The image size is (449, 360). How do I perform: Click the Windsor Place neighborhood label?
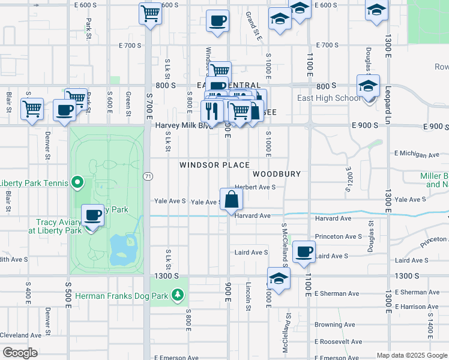pos(214,164)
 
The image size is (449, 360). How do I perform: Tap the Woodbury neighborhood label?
pos(276,173)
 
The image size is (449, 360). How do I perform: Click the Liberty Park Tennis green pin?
pos(77,182)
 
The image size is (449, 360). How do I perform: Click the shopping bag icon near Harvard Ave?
pos(232,199)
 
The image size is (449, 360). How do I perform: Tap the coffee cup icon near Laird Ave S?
pos(304,251)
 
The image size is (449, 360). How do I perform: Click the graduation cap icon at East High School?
pos(369,85)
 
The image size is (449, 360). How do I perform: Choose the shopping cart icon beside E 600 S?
pos(150,13)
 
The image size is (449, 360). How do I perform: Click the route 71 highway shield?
pos(147,176)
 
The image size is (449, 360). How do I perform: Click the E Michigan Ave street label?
pos(418,155)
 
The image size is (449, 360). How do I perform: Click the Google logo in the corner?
pos(20,353)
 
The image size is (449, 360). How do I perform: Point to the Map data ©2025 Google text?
pos(412,355)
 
